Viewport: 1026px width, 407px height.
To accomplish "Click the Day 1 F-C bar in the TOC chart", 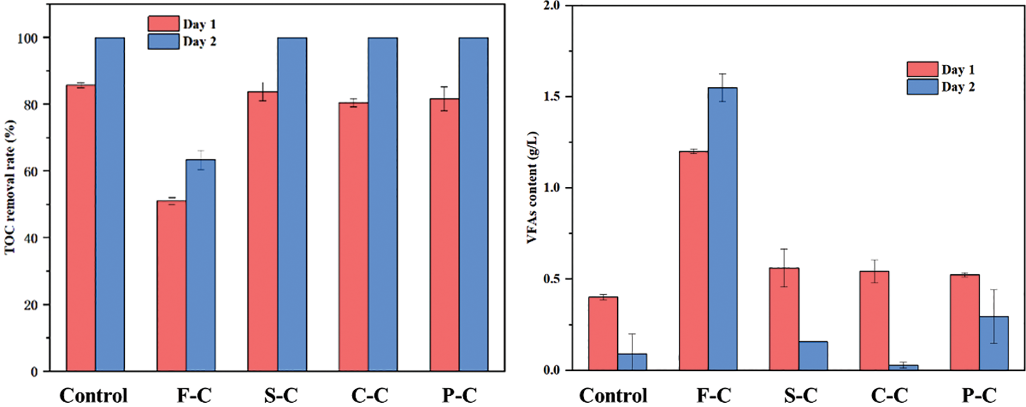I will click(171, 286).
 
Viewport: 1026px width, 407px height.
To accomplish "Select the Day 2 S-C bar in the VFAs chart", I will click(813, 356).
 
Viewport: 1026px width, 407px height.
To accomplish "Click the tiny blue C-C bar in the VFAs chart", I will click(903, 368).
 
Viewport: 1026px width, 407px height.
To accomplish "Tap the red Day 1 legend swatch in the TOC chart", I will click(163, 24).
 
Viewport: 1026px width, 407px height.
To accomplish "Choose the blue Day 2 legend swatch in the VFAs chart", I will click(922, 87).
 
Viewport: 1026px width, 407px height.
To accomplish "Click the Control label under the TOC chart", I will click(93, 396).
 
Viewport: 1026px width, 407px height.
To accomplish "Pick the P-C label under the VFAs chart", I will click(978, 396).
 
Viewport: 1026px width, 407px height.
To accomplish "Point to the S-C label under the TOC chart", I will click(281, 396).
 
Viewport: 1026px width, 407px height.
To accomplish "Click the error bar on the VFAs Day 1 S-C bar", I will click(784, 268).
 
